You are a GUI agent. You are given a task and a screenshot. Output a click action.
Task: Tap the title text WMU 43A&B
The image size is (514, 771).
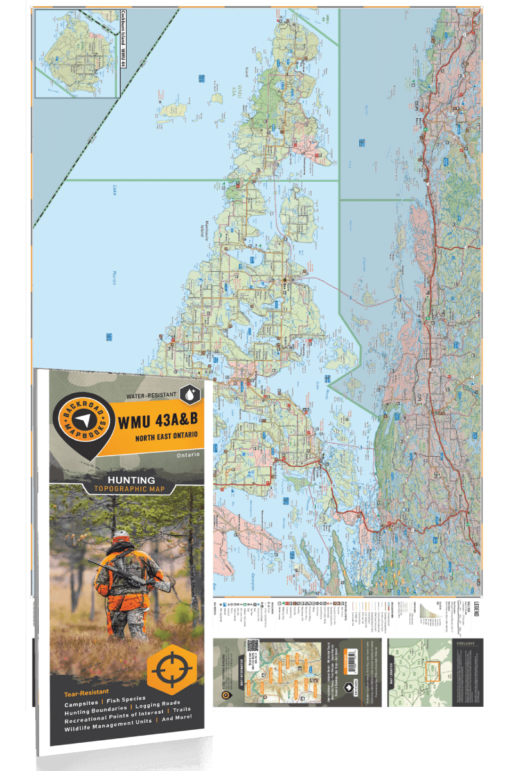coord(154,422)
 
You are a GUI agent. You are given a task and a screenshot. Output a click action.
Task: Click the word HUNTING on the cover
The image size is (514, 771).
coord(132,479)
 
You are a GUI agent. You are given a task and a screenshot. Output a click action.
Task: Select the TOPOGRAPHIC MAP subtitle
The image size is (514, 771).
coord(132,489)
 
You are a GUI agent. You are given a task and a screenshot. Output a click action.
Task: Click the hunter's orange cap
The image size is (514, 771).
coord(120,535)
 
